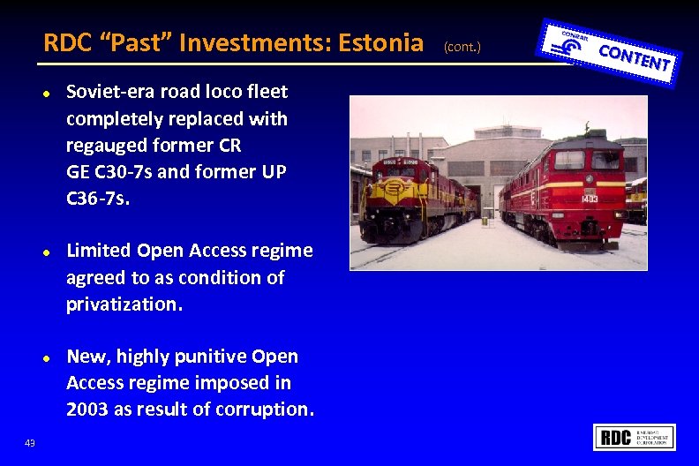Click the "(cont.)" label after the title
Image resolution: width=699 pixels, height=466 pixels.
click(462, 45)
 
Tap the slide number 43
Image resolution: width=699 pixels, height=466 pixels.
click(30, 443)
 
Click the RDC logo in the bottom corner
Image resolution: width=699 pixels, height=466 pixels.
click(635, 438)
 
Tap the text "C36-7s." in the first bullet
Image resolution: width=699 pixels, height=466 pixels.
click(98, 198)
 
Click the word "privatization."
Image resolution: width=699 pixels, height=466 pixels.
click(124, 304)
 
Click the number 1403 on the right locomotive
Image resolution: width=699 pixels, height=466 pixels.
click(589, 199)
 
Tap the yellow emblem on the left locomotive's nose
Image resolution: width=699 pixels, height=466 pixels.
click(389, 191)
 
